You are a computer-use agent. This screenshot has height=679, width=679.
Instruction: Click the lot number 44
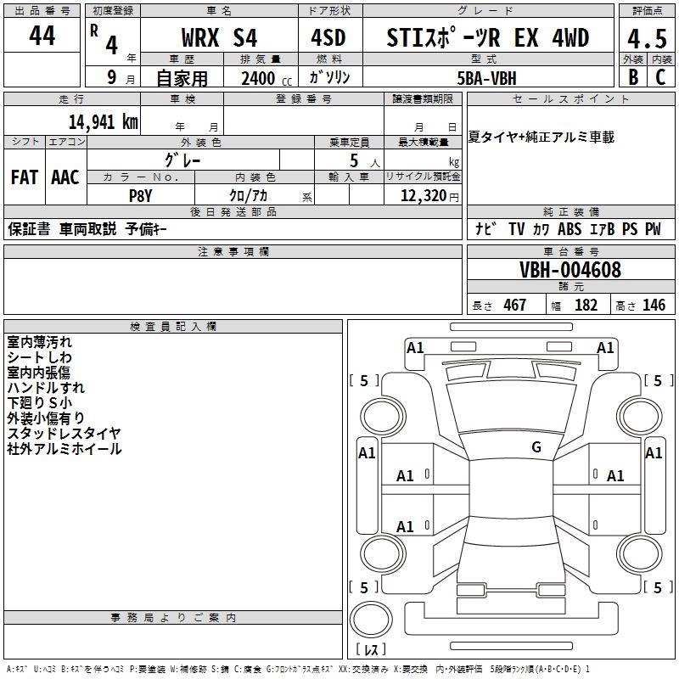pyautogui.click(x=42, y=36)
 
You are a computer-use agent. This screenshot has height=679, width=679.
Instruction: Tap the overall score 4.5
pyautogui.click(x=646, y=38)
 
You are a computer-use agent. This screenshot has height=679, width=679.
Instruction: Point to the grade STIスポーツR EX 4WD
pyautogui.click(x=487, y=38)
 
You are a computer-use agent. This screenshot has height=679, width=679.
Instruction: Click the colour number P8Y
pyautogui.click(x=140, y=196)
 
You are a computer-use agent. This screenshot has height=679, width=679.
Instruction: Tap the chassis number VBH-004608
pyautogui.click(x=570, y=270)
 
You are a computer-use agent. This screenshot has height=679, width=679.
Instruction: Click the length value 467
pyautogui.click(x=514, y=305)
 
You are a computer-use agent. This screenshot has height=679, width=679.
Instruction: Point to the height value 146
pyautogui.click(x=654, y=305)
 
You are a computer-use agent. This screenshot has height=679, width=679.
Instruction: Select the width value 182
pyautogui.click(x=586, y=305)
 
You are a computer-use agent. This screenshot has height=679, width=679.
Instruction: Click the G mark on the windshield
pyautogui.click(x=536, y=447)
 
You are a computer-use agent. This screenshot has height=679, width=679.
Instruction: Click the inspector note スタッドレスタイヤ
pyautogui.click(x=64, y=434)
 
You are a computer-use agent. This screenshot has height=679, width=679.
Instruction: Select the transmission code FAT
pyautogui.click(x=25, y=177)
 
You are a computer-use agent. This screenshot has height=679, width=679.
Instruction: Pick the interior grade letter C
pyautogui.click(x=659, y=78)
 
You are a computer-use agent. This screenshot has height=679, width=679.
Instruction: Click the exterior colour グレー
pyautogui.click(x=182, y=159)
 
